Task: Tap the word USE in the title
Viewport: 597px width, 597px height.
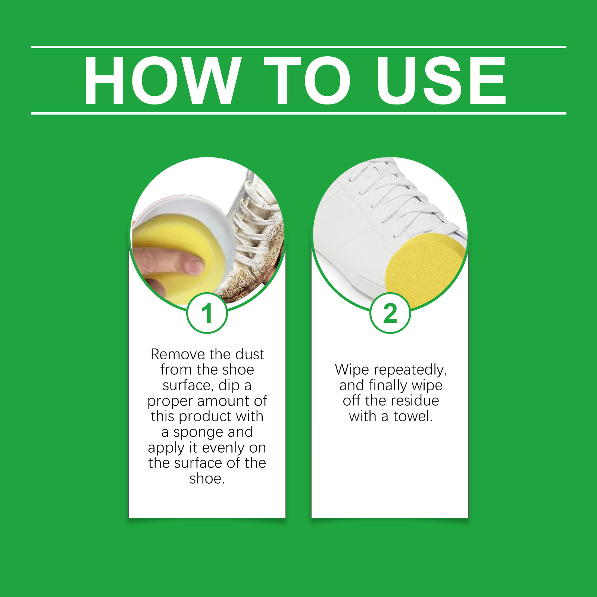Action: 441,80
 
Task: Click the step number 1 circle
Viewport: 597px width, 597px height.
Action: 207,313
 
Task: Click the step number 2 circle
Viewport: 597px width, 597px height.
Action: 390,313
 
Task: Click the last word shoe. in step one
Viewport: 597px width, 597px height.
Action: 207,478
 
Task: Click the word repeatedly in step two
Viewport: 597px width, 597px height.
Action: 410,370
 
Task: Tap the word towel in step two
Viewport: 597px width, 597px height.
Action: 413,416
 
